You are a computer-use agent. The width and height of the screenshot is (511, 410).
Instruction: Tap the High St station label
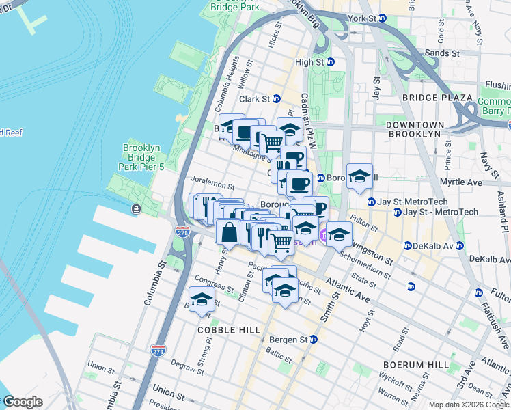pos(313,62)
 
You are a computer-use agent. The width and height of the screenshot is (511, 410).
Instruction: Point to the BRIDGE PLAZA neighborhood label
pos(437,98)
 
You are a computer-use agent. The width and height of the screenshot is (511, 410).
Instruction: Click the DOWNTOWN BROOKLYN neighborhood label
pos(413,130)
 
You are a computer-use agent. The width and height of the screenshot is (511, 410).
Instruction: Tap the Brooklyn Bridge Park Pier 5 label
pos(142,157)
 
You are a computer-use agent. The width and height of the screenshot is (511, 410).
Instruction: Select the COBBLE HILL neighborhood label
pos(228,330)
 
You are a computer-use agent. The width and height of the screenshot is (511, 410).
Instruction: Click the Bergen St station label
pos(292,340)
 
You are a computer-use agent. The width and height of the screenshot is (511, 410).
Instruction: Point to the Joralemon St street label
pos(212,185)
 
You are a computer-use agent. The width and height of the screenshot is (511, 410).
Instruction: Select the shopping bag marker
pos(228,232)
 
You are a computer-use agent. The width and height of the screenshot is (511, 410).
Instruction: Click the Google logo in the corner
pos(23,402)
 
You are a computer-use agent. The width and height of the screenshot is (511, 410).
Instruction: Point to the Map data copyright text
pos(468,405)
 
